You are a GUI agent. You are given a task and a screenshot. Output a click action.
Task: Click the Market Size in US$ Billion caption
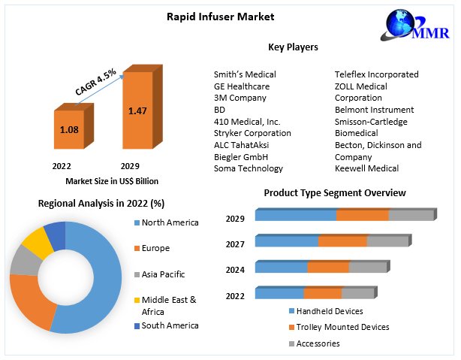tap(112, 181)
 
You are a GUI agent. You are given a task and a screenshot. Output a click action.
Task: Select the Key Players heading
tap(293, 47)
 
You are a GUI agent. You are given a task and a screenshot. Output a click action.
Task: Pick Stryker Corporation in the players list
tap(252, 133)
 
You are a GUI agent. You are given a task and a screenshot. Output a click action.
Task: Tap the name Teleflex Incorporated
tap(376, 74)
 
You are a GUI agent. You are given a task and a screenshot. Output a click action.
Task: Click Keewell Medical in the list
tap(366, 168)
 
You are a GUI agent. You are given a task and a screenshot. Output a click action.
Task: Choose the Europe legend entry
tap(155, 248)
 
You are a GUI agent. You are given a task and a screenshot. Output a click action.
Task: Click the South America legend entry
tap(170, 325)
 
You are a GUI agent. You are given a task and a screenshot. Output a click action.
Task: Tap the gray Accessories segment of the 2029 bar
tap(411, 216)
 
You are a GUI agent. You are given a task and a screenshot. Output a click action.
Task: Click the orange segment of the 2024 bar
tap(328, 267)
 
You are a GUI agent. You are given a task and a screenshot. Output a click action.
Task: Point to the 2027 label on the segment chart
tap(235, 244)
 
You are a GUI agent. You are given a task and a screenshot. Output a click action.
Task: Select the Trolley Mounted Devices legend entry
tap(342, 327)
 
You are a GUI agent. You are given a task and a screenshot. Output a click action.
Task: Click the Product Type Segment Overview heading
tap(335, 193)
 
